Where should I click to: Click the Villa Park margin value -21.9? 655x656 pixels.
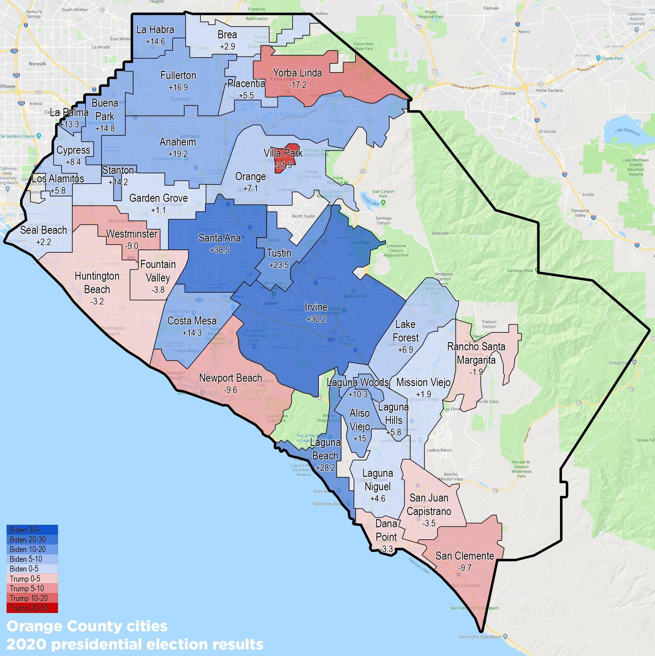283,166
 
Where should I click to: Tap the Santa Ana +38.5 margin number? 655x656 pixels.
219,250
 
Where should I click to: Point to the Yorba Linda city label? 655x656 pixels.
298,73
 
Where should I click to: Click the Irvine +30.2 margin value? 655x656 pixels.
316,319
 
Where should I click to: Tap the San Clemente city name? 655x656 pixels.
464,556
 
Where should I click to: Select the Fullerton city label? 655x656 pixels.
178,75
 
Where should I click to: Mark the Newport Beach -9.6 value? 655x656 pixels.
230,390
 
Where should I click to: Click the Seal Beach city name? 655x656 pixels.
43,230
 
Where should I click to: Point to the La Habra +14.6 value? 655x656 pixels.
155,41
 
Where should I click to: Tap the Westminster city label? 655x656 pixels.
132,234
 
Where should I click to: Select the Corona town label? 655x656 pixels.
507,93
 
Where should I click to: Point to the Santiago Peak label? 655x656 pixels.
520,271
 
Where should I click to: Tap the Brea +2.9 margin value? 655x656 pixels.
227,46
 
